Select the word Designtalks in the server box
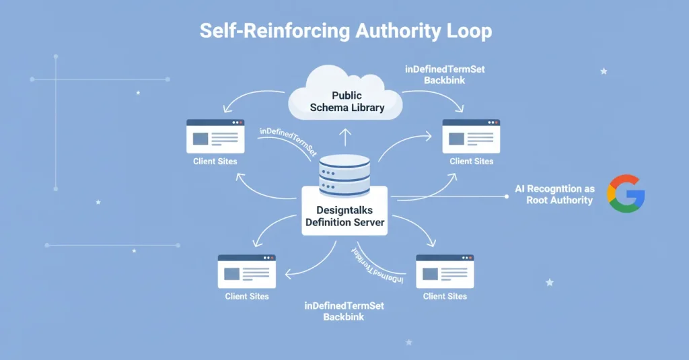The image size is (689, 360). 344,211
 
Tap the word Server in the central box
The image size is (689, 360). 369,223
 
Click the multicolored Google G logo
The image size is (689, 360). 626,194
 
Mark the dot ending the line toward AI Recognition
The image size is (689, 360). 506,196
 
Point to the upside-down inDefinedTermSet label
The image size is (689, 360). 377,265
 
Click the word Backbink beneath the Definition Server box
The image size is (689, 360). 344,317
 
